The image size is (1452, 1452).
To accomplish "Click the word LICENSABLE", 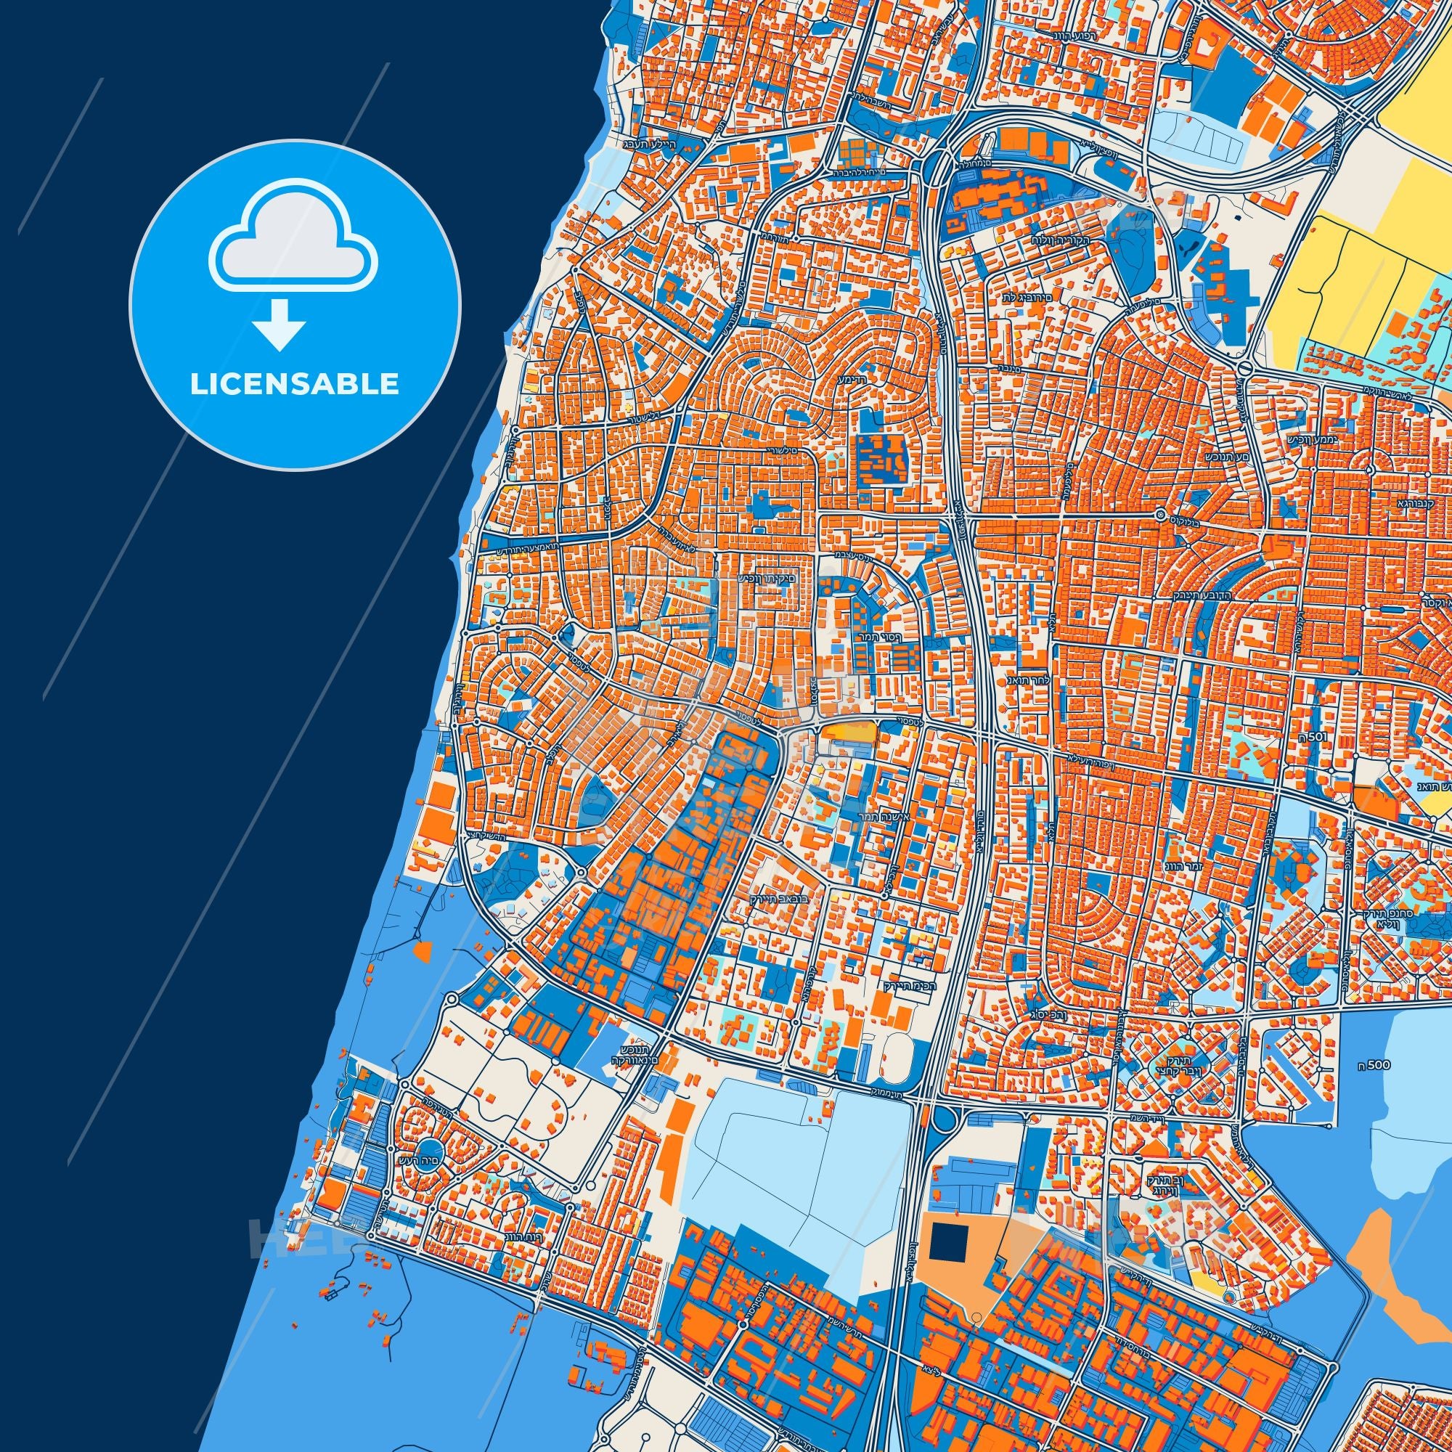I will (x=295, y=384).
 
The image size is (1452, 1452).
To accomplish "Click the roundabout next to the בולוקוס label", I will (x=1160, y=516).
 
